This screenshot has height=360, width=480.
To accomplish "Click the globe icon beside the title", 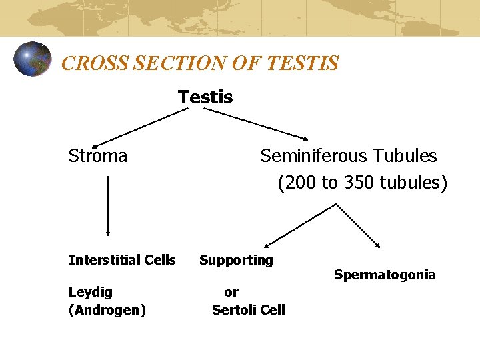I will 32,59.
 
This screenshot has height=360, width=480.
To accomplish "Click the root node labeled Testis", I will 205,97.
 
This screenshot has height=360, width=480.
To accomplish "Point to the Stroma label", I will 97,156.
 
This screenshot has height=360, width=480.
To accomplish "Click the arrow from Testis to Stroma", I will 140,127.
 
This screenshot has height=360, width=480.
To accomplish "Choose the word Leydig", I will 91,292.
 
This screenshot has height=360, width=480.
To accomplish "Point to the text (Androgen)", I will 107,310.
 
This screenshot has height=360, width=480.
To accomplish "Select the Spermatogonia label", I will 385,275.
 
